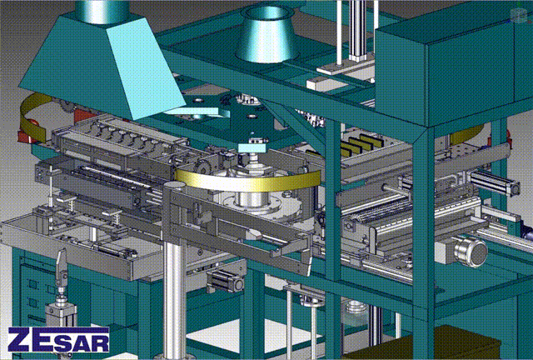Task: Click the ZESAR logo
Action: [58, 340]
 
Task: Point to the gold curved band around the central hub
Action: [248, 179]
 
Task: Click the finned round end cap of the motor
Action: [471, 251]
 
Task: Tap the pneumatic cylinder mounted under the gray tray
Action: [225, 280]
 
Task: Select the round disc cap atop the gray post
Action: [175, 186]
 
